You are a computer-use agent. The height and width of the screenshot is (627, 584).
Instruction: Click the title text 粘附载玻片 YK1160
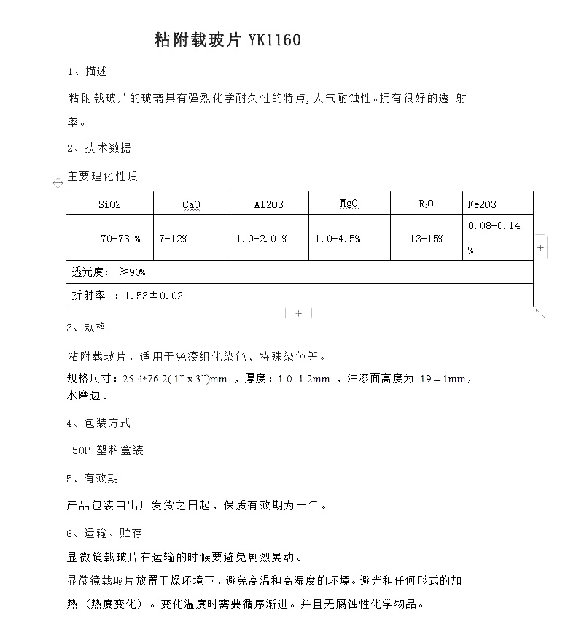tap(227, 40)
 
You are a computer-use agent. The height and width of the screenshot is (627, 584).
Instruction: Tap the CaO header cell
tap(191, 204)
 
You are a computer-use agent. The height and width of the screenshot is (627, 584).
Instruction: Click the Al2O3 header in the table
tap(269, 204)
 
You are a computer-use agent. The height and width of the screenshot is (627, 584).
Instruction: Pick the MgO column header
tap(349, 204)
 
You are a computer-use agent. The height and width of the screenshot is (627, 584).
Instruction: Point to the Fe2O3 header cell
tap(482, 204)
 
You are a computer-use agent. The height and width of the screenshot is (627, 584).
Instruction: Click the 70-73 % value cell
tap(120, 239)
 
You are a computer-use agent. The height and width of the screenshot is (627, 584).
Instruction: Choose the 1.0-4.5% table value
tap(338, 239)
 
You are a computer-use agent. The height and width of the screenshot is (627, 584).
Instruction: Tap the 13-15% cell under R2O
tap(427, 239)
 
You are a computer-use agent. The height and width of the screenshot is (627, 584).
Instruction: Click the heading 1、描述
tap(87, 72)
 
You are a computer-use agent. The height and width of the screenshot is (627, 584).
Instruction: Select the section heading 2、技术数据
tap(99, 147)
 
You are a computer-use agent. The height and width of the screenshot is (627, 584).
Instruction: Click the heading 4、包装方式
tap(99, 423)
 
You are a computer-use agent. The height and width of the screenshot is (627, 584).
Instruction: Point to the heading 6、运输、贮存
tap(105, 533)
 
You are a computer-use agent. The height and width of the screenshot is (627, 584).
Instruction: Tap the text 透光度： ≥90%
tap(109, 272)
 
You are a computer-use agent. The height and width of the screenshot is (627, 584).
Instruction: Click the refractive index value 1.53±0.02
tap(154, 296)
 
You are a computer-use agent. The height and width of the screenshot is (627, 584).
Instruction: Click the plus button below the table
tap(298, 313)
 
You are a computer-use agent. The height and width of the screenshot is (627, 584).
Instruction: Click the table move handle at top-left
tap(58, 182)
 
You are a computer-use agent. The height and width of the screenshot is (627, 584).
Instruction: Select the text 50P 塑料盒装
tap(108, 450)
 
